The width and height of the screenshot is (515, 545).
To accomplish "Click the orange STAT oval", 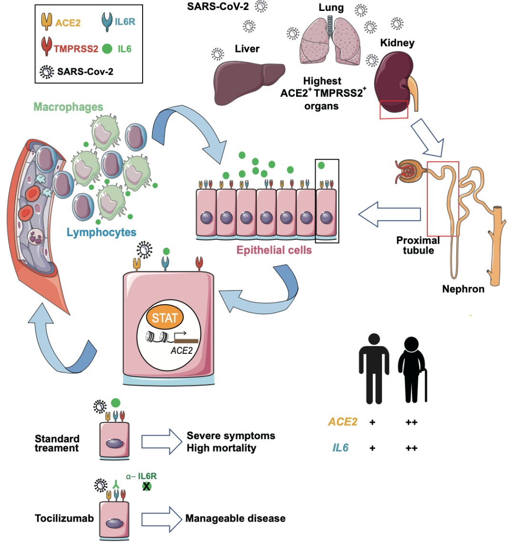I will pos(165,318).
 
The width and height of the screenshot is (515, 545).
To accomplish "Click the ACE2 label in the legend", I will pos(68,22).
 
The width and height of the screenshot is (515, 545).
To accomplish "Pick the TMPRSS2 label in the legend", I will pos(76,49).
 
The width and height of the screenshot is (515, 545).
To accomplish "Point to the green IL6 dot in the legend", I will pos(107,49).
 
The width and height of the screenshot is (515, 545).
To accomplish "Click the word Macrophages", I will pos(68,107).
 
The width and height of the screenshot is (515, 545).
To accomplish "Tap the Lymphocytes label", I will pos(101,233).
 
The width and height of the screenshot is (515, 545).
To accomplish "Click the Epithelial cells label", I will pos(274,250).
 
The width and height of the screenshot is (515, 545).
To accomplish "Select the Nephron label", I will pos(463,289).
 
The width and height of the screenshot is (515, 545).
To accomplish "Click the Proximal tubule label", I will pos(418,245).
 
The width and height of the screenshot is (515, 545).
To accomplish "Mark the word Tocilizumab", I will pos(64,518).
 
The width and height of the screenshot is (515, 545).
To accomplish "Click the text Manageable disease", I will pos(235,518).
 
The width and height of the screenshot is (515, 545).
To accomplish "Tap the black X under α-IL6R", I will pos(146,486).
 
